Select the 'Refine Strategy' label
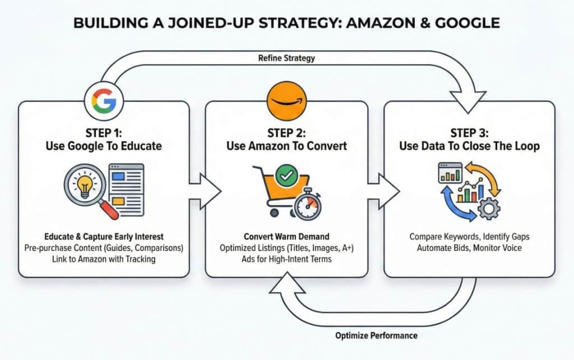tap(286, 58)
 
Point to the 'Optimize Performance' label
tap(376, 335)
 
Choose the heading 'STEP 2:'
tap(286, 133)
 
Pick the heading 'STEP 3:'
tap(469, 133)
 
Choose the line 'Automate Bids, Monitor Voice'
tap(470, 247)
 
